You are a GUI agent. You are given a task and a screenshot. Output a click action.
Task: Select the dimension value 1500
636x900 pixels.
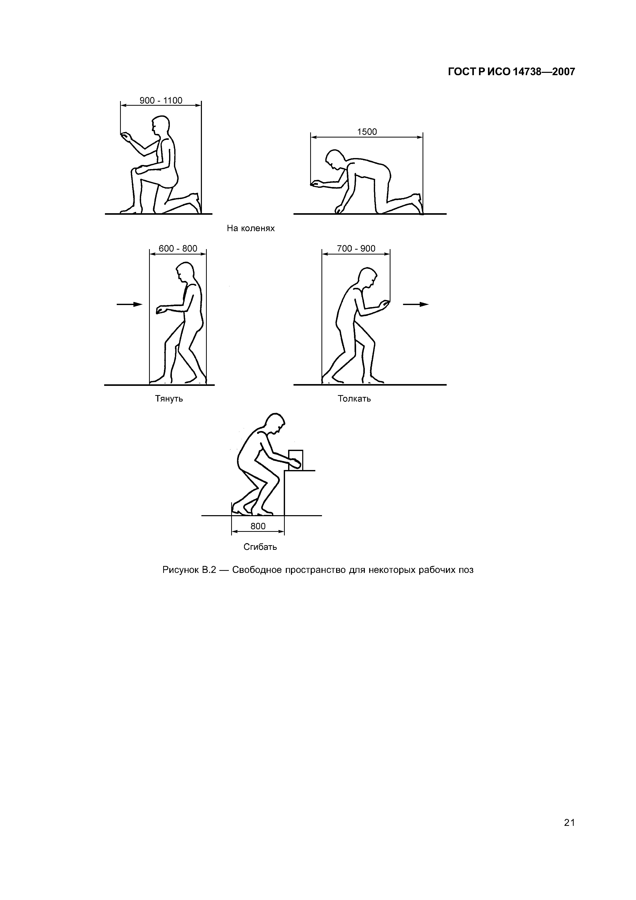tap(367, 132)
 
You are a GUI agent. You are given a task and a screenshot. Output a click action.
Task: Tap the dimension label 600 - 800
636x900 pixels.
tap(178, 249)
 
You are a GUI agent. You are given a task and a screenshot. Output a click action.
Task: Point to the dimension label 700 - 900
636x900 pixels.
tap(356, 249)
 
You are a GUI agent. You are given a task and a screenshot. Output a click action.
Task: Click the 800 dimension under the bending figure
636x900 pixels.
tap(258, 526)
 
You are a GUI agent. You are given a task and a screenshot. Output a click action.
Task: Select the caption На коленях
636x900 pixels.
tap(251, 228)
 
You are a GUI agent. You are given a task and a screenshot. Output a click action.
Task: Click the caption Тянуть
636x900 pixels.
tap(169, 399)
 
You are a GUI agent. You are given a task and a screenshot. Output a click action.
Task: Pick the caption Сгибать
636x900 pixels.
tap(260, 547)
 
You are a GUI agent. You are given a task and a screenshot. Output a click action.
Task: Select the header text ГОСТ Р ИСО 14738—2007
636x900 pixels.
tap(511, 72)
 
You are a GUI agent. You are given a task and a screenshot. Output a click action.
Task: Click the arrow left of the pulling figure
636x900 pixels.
tap(130, 304)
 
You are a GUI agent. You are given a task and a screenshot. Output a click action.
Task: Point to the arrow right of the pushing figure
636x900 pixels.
tap(416, 304)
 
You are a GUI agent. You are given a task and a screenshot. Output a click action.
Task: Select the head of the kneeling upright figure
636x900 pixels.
tap(159, 125)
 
